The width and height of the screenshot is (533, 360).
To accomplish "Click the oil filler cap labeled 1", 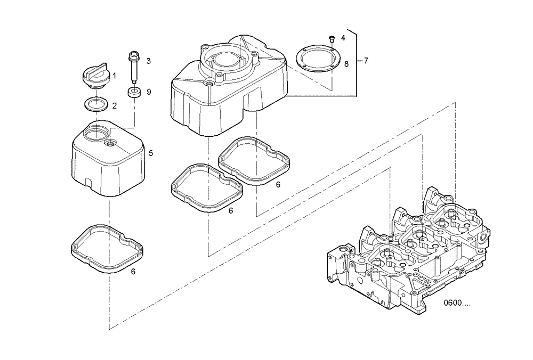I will [96, 77].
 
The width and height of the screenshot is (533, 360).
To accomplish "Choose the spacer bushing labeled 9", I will [134, 92].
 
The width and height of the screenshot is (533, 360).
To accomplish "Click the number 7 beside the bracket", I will [366, 61].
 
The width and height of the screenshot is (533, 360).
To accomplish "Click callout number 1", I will [114, 76].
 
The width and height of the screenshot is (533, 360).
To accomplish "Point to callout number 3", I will [149, 61].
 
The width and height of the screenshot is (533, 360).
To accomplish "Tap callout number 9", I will [149, 92].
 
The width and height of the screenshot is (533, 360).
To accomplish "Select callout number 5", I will [151, 153].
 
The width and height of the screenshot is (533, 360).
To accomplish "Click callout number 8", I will [346, 64].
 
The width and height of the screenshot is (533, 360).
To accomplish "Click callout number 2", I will [114, 105].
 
